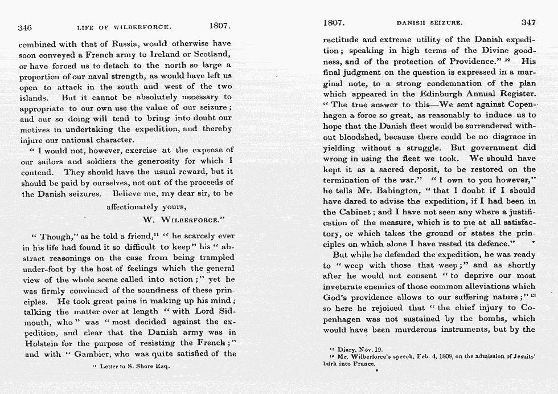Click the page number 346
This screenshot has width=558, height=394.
[x=24, y=27]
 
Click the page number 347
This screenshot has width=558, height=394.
[x=528, y=23]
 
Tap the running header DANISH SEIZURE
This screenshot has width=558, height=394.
[x=429, y=23]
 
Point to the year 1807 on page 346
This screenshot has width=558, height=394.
[x=219, y=26]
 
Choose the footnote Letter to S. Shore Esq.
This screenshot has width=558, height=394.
[x=131, y=366]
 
